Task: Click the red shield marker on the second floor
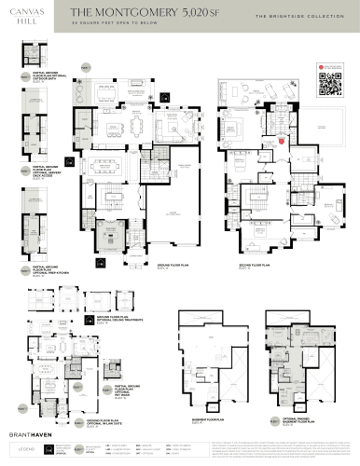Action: [x=283, y=142]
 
